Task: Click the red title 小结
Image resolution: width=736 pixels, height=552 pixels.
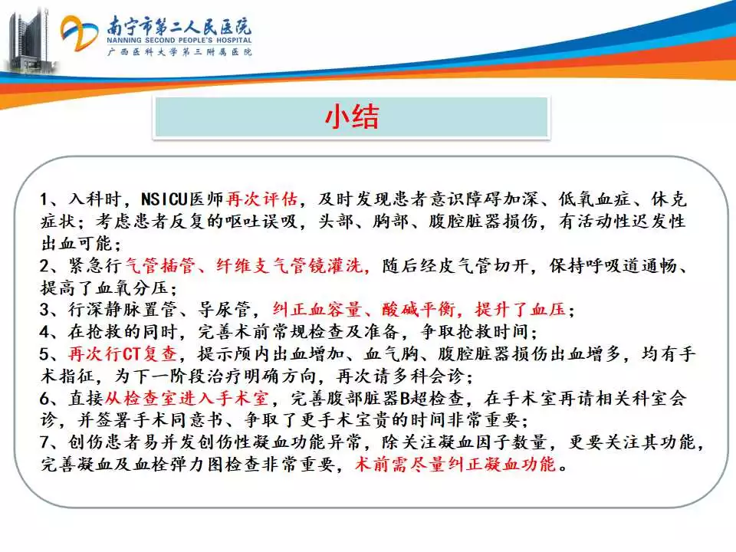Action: pos(352,117)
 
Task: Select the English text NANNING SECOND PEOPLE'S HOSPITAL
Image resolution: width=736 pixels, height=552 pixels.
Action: pos(179,41)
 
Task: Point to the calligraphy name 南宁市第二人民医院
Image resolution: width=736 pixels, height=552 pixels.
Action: pos(179,25)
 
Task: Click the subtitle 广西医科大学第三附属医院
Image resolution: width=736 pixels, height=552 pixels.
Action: pos(179,51)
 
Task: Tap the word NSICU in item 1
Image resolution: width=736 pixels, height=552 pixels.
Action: pos(164,199)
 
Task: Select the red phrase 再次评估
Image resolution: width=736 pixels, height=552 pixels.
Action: pos(261,199)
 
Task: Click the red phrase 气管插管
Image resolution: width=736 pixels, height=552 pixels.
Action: pos(160,266)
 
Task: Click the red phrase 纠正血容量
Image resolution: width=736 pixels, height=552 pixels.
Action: pos(317,310)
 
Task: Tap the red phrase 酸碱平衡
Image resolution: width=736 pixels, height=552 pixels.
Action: pos(418,310)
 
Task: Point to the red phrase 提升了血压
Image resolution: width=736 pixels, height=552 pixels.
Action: pos(520,310)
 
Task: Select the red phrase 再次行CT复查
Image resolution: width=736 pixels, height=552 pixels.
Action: pos(122,354)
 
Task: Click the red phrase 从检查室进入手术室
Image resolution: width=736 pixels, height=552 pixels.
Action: pos(187,399)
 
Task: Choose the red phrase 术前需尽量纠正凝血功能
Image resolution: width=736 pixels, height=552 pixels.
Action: pos(455,465)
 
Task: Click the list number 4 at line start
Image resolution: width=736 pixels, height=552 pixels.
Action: pos(45,332)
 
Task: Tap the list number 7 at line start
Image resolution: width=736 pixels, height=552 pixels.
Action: pos(45,442)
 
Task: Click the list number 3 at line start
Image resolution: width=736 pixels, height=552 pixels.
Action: pos(45,310)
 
